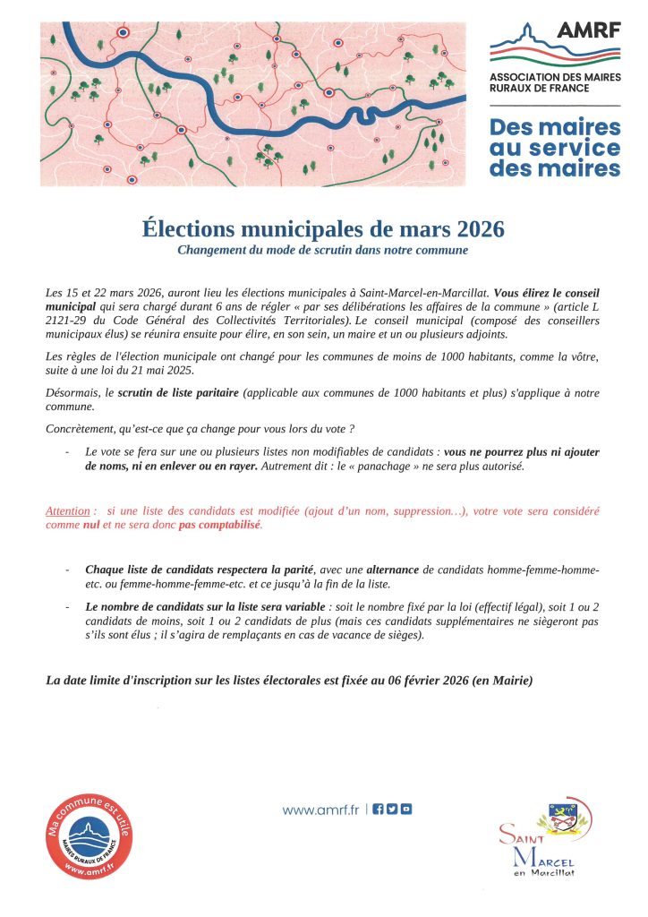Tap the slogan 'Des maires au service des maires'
pos(555,148)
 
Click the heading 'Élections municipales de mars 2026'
pos(323,229)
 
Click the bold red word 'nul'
pos(91,525)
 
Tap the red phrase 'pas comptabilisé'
pos(219,525)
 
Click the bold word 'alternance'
pos(394,570)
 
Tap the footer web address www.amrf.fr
pos(320,810)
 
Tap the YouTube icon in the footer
pos(406,810)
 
